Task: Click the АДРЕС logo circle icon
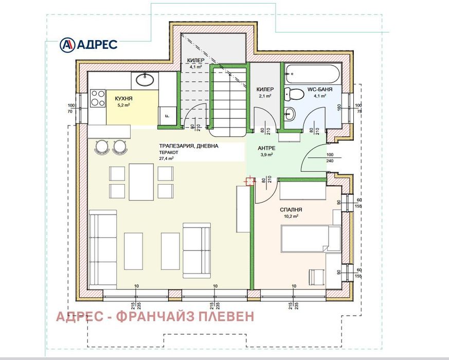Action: tap(67, 45)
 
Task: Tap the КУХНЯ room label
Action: tap(124, 99)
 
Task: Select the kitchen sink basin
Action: tap(145, 80)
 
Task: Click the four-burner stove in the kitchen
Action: tap(98, 98)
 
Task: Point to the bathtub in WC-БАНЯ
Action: tap(313, 74)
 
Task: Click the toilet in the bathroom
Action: tap(294, 94)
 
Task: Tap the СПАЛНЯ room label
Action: tap(291, 210)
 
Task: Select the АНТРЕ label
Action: tap(266, 148)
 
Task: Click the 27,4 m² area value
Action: tap(166, 158)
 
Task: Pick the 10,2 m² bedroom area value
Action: tap(291, 216)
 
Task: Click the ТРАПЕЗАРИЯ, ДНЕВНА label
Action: tap(189, 146)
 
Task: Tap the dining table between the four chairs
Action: tap(141, 182)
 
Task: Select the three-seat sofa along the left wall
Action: tap(103, 249)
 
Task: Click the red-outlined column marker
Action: tap(249, 181)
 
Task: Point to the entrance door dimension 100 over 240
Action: tap(330, 158)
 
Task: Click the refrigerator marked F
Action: tap(168, 116)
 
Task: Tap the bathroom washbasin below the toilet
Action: tap(290, 114)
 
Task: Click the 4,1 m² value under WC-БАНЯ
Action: tap(320, 96)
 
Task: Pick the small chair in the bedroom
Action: tap(317, 277)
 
